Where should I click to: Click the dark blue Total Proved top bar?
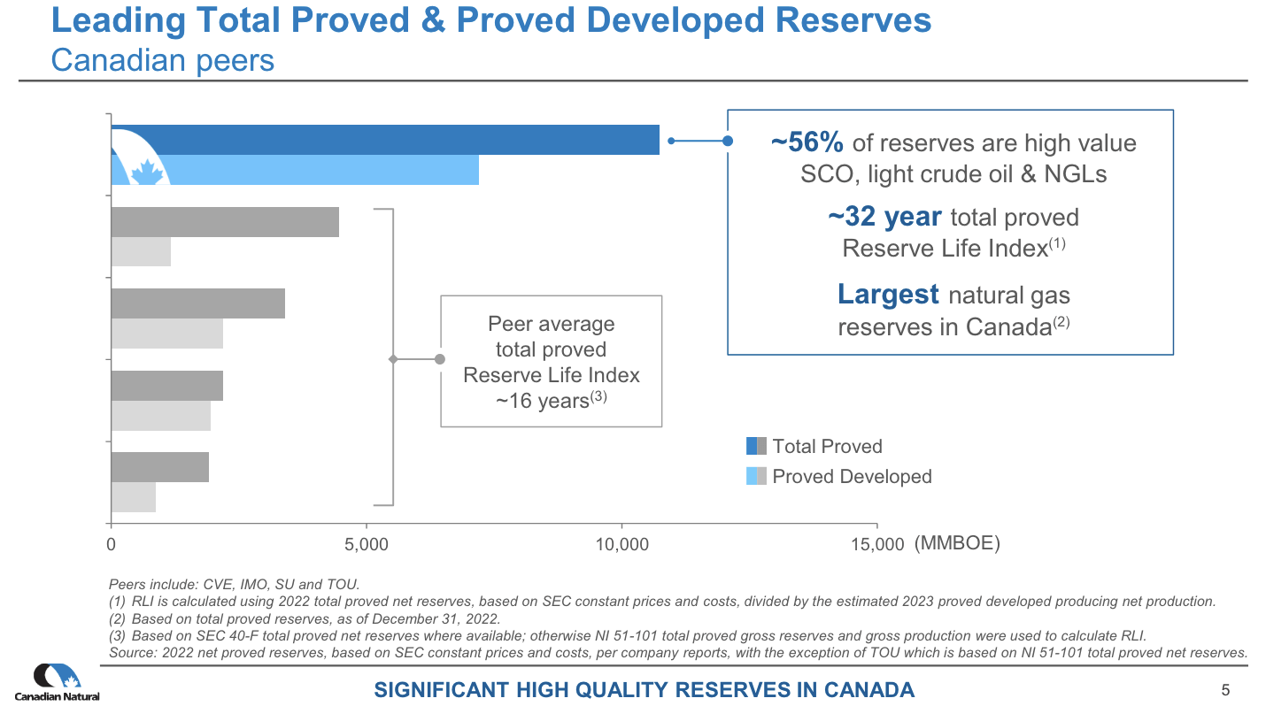385,140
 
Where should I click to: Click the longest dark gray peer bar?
225,222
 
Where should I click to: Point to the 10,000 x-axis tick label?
621,545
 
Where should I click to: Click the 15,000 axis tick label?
876,545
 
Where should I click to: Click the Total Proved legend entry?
826,447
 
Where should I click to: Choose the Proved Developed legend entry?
851,477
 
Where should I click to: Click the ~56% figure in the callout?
807,142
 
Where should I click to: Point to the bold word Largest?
888,294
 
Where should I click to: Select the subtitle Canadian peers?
163,60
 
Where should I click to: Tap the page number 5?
1225,689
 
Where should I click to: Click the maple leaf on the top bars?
147,172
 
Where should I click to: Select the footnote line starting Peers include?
234,584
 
